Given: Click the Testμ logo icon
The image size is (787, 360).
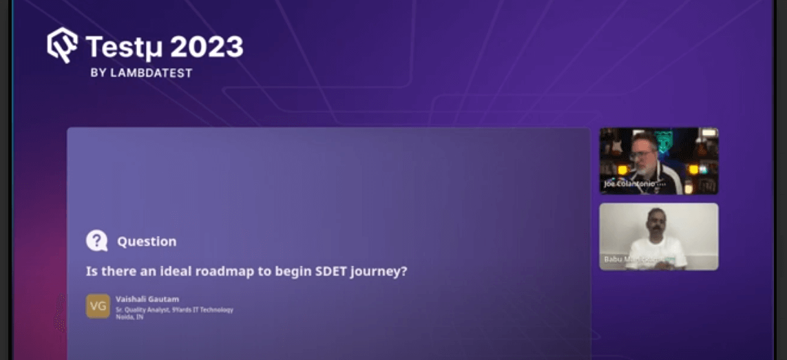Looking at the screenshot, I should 62,45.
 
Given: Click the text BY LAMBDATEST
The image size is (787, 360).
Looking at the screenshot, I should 141,72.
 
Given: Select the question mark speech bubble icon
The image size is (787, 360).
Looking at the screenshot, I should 97,241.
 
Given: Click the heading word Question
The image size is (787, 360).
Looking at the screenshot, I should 147,242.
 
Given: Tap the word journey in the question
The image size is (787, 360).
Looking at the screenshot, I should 379,272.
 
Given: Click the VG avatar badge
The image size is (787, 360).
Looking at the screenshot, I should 98,306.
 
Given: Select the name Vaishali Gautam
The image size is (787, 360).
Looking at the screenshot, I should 147,299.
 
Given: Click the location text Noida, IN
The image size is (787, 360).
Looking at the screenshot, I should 129,317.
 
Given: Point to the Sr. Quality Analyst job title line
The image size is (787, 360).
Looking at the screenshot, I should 174,309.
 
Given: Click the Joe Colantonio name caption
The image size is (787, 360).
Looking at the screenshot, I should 633,184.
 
